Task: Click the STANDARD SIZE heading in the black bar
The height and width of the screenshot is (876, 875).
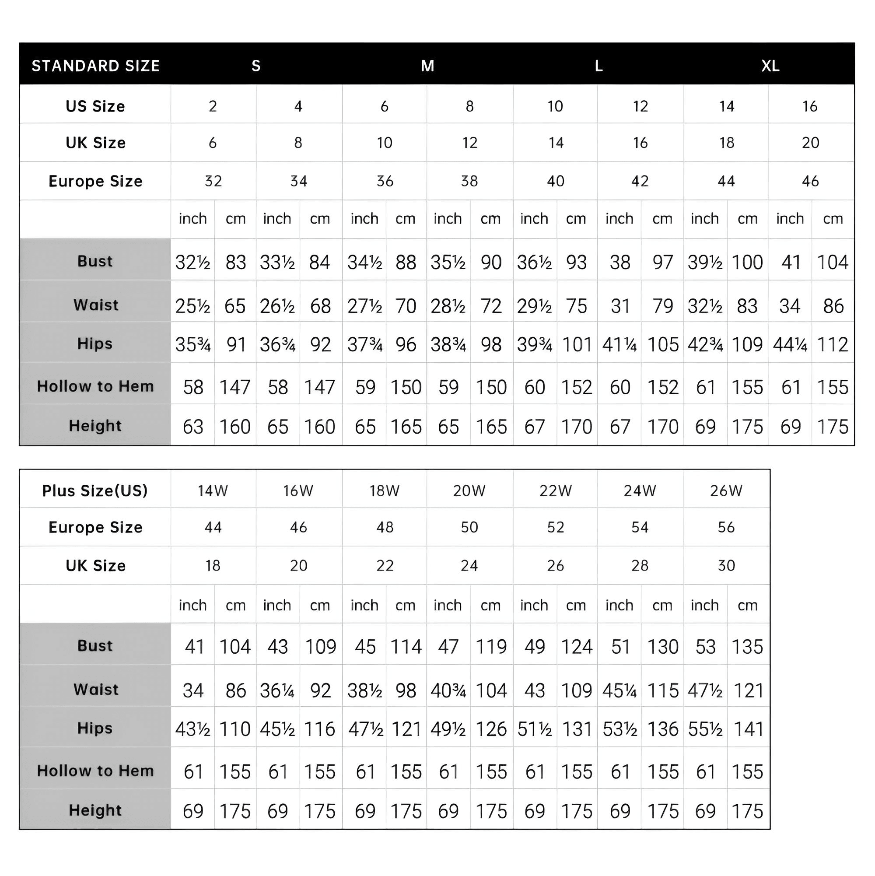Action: pos(95,66)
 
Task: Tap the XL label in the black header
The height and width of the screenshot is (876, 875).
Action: pos(770,66)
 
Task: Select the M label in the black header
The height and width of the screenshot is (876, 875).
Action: pos(427,66)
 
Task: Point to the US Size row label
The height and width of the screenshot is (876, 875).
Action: pos(95,106)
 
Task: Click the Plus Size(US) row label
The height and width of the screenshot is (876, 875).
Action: pos(95,491)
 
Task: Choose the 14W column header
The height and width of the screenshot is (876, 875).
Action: pos(213,491)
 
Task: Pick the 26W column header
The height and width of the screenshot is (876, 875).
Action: pos(726,491)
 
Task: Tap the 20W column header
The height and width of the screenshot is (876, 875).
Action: pos(469,491)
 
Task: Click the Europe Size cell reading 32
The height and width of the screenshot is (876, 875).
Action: pos(213,181)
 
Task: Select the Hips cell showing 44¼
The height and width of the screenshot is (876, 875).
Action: pos(790,345)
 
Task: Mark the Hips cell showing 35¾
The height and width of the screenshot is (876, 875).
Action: pos(193,345)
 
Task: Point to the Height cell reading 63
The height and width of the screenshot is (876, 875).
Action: pos(193,427)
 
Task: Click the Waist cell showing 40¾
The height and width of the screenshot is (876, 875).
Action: pos(448,690)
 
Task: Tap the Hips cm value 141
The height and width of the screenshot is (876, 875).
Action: pos(749,729)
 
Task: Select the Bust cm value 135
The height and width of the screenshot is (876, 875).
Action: pos(748,647)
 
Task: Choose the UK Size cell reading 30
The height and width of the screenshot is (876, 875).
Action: pos(726,565)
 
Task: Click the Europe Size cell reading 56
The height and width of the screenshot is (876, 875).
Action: pos(726,527)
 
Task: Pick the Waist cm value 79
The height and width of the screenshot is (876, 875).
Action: pos(662,306)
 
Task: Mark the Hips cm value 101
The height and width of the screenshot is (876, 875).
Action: pos(577,345)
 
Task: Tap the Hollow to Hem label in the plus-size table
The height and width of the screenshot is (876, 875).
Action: pos(95,771)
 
